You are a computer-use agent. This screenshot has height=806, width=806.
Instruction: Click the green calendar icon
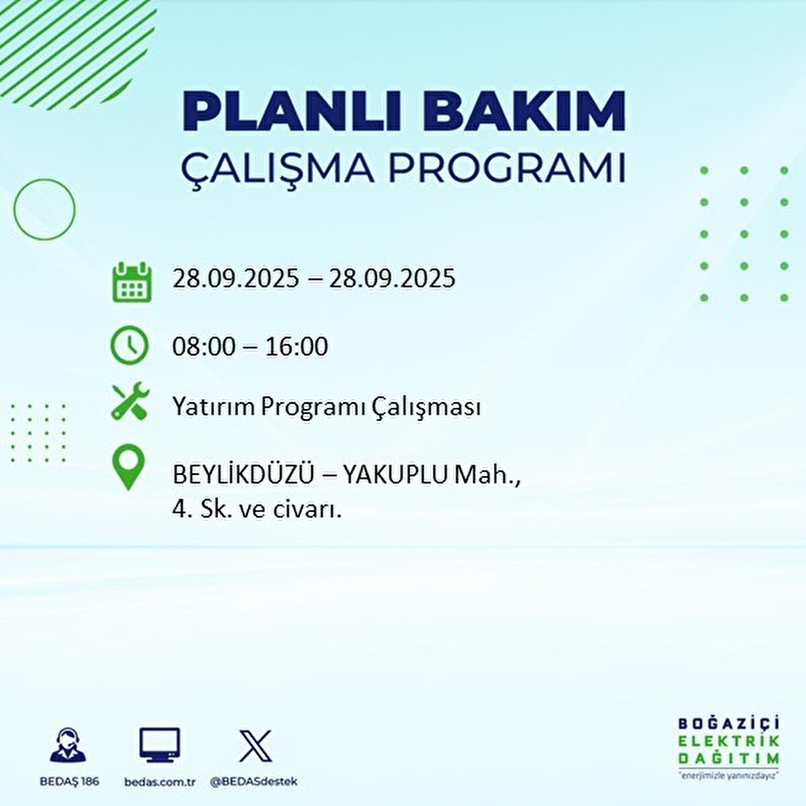pos(130,281)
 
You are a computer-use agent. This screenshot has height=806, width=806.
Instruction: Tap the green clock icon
pos(129,345)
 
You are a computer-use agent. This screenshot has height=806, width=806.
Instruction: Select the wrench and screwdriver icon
pos(130,402)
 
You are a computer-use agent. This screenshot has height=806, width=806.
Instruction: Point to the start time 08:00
pos(204,347)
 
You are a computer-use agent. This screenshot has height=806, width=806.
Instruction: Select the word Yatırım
pos(213,407)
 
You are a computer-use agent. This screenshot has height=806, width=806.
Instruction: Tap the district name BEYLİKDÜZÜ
pos(243,475)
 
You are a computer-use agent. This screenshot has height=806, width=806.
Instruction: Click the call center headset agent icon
pos(68,746)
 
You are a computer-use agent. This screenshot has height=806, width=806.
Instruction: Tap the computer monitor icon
pos(160,745)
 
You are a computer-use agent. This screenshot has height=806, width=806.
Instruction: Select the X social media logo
pos(255,746)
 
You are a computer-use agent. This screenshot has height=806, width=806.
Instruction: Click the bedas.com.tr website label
pos(160,782)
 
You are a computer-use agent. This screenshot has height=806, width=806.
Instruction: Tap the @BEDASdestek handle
pos(254,782)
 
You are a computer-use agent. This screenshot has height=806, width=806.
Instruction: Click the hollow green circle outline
pos(44,210)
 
